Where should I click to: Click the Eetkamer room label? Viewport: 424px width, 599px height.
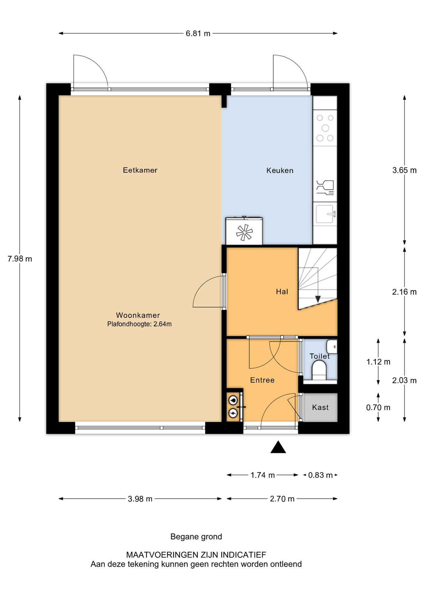point(140,170)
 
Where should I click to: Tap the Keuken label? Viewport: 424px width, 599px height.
point(280,170)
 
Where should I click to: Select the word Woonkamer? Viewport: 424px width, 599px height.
point(138,315)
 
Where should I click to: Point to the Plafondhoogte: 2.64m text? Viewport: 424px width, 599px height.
point(139,324)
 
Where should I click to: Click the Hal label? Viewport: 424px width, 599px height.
point(282,291)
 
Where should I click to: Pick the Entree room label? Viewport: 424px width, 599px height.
point(262,380)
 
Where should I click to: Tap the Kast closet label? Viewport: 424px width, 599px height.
point(320,407)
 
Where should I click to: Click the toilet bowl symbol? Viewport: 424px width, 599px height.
point(319,370)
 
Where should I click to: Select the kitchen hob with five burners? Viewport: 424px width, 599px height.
point(325,128)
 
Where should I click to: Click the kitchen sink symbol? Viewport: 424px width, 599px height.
point(325,214)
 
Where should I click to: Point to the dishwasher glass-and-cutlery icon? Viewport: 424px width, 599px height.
point(325,187)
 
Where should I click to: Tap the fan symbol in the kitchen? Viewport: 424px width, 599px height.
point(244,232)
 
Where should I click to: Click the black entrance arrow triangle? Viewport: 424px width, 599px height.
point(278,447)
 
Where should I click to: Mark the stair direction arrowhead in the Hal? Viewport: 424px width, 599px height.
point(318,299)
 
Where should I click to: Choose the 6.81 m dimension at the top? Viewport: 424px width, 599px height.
point(198,33)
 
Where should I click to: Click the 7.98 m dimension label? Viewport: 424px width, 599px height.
point(20,259)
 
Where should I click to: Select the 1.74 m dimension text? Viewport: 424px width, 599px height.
point(263,475)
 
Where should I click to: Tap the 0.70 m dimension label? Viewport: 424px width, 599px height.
point(378,407)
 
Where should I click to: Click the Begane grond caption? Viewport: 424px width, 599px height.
point(196,537)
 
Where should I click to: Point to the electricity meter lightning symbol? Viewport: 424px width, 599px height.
point(233,413)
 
